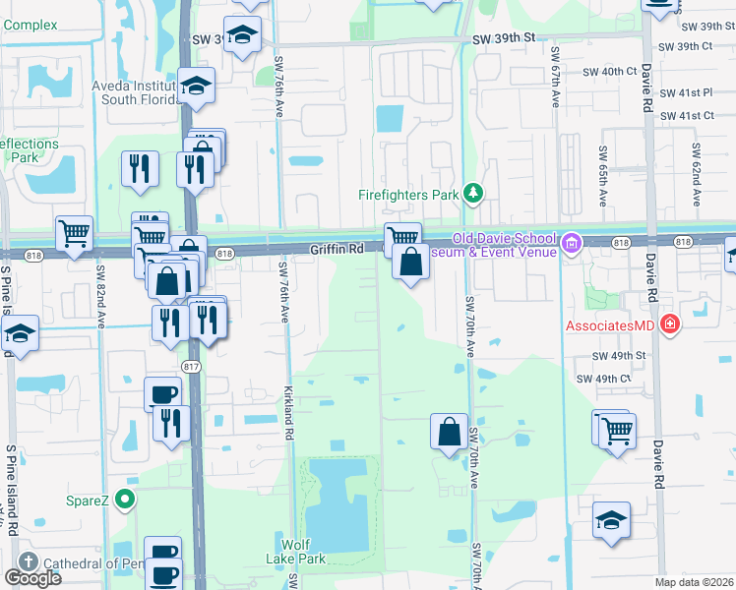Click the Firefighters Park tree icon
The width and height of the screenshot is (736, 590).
[x=473, y=193]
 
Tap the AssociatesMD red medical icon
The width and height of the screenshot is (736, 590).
[x=670, y=324]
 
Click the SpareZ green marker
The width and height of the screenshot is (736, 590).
[x=124, y=501]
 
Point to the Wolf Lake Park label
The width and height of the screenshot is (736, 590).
[x=303, y=552]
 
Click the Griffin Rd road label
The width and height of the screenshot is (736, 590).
[x=337, y=250]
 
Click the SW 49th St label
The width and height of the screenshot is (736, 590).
[x=618, y=356]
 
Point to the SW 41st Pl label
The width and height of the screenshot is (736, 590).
[x=686, y=92]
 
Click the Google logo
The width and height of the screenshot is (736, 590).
[x=32, y=578]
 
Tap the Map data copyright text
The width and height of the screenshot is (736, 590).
[x=694, y=582]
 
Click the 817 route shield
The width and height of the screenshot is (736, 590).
[x=191, y=366]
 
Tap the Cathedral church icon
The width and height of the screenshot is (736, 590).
[x=27, y=562]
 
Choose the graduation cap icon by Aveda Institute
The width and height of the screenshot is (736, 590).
[x=197, y=85]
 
